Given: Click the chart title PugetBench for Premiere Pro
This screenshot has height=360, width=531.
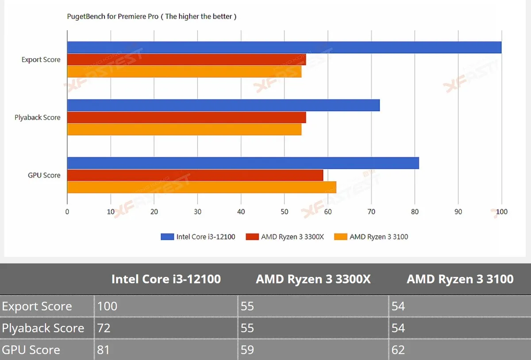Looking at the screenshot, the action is [112, 16].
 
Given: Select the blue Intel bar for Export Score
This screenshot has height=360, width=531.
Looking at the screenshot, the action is [284, 47].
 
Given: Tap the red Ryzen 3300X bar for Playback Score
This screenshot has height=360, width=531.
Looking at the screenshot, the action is [187, 117].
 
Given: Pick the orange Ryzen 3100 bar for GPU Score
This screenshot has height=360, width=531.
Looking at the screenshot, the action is [202, 187].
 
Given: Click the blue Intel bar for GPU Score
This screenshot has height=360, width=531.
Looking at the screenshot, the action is [243, 163].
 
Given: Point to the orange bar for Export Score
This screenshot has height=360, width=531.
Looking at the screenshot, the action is [185, 71].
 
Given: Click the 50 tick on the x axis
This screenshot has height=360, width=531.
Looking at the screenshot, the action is [285, 212].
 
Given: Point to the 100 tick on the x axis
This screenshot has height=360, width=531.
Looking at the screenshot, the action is [502, 212].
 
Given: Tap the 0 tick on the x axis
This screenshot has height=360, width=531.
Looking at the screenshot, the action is [67, 212].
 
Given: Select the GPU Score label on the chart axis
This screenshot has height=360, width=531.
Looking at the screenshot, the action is [44, 175].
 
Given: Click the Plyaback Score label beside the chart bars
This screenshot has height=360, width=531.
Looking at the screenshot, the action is [38, 117].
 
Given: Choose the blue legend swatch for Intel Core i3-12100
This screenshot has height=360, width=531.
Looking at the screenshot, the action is [167, 237].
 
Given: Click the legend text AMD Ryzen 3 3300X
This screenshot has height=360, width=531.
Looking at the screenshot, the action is [292, 237].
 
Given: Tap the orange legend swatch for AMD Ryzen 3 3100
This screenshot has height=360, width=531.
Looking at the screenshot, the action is [341, 237].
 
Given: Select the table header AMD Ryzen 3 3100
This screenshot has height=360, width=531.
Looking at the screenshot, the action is [460, 279].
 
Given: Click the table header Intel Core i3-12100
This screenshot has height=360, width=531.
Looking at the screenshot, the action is [166, 279].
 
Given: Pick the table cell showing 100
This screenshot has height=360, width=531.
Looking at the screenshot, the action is [107, 306].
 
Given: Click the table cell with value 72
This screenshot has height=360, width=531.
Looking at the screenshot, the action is [104, 328].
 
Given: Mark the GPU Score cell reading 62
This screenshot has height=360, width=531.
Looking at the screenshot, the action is [398, 350].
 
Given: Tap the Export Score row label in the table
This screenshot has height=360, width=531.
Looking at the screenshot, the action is [37, 306].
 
